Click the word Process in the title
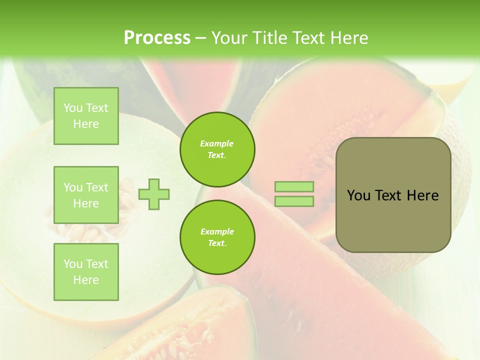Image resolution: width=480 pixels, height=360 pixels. (x=157, y=38)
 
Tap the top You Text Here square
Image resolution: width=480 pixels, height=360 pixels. (x=86, y=116)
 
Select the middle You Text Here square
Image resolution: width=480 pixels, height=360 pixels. (x=86, y=195)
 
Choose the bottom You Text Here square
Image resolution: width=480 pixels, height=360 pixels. (x=86, y=271)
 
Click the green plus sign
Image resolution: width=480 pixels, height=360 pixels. (x=154, y=194)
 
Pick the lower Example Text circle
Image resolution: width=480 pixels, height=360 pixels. (x=217, y=237)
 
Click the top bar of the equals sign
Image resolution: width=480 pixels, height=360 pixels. (x=294, y=187)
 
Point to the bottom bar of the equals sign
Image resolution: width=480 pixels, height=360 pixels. (x=294, y=201)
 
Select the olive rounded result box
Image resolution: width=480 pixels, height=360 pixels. (x=393, y=195)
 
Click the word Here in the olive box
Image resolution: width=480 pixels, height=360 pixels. (x=422, y=195)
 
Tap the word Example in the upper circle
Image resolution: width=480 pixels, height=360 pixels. (x=217, y=144)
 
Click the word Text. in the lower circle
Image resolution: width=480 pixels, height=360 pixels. (x=217, y=243)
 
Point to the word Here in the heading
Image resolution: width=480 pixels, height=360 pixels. (x=348, y=38)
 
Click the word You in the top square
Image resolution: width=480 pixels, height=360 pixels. (x=73, y=108)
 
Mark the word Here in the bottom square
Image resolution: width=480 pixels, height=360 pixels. (x=86, y=280)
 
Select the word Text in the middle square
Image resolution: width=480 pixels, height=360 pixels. (x=97, y=187)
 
